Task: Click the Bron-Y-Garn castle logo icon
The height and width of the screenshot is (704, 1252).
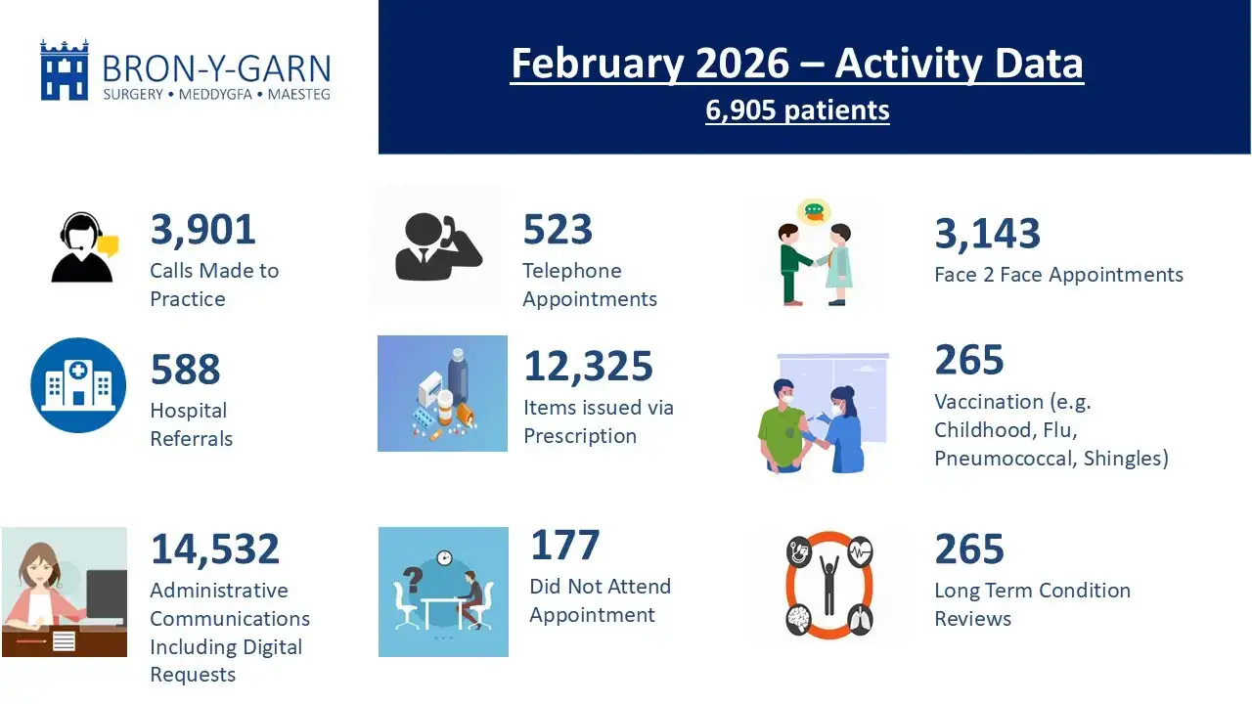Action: [x=65, y=69]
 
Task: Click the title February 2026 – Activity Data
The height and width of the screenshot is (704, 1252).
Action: [x=796, y=64]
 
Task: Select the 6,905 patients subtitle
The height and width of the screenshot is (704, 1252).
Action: [x=797, y=110]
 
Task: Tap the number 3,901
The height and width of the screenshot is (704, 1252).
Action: [x=202, y=230]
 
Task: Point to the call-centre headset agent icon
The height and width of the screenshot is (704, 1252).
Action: [x=82, y=248]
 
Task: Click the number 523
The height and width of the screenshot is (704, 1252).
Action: [x=558, y=230]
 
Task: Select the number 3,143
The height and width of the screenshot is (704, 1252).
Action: [x=987, y=234]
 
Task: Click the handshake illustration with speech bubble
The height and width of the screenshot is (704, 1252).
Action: [x=814, y=252]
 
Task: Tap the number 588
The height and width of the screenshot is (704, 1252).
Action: [x=185, y=371]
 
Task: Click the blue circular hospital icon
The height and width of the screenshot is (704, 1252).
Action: [x=78, y=385]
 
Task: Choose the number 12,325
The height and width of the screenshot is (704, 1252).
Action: [x=588, y=367]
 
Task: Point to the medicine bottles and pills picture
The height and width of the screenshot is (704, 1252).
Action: [x=442, y=393]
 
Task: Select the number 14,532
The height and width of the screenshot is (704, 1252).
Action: [x=214, y=549]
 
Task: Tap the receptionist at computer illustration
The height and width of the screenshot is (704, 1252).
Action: [x=65, y=592]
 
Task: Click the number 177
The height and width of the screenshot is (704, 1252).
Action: [x=564, y=546]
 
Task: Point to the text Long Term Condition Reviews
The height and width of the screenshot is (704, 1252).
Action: [x=1032, y=604]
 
